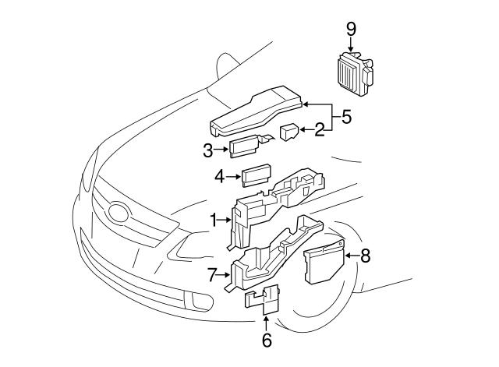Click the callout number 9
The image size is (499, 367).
(x=351, y=29)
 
